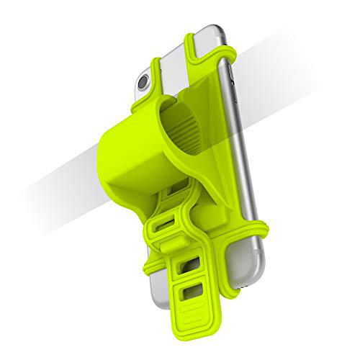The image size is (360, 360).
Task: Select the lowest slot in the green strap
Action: pos(194,296)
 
